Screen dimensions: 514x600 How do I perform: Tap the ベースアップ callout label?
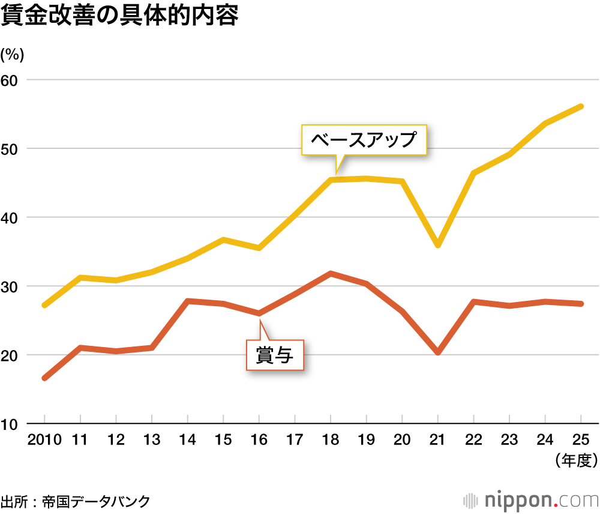point(364,140)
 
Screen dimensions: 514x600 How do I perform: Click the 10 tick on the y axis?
point(13,424)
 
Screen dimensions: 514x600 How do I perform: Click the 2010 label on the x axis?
point(45,440)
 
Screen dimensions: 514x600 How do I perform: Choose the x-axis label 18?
point(331,440)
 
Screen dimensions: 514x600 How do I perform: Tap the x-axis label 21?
point(438,440)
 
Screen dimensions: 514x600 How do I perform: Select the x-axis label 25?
point(581,440)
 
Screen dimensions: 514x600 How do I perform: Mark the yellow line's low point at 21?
point(438,245)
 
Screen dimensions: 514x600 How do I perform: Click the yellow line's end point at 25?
point(581,106)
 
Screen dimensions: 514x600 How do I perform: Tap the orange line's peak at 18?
point(331,273)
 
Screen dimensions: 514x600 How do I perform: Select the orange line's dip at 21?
point(438,352)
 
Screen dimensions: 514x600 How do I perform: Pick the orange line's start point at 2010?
point(45,378)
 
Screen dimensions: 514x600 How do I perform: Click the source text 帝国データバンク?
point(96,501)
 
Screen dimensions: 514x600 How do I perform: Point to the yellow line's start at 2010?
point(45,305)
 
